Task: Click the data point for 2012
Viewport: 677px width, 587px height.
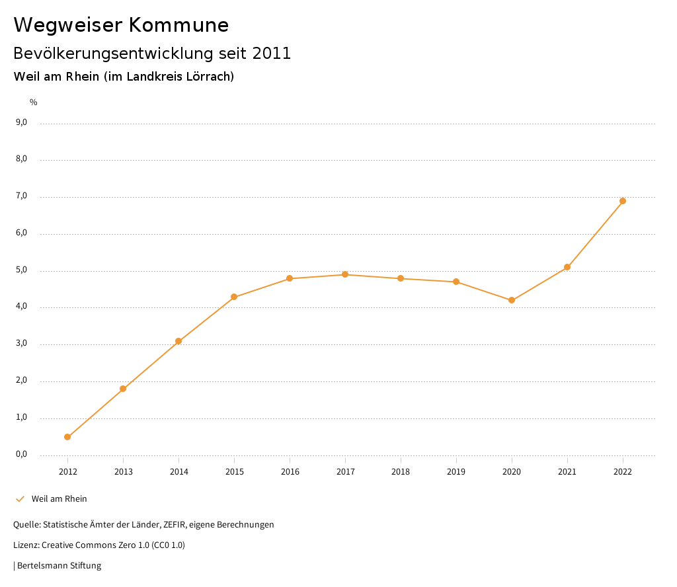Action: [67, 437]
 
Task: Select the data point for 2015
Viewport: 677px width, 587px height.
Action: [234, 297]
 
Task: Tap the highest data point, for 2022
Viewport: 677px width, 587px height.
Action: [623, 201]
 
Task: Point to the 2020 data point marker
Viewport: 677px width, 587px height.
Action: [512, 300]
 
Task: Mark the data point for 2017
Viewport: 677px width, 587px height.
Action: [345, 274]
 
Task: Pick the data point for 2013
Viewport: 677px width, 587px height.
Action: [123, 389]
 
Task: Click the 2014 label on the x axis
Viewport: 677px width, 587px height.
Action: [179, 472]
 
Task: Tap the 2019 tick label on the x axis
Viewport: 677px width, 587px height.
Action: [456, 472]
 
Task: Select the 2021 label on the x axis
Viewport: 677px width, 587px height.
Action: [567, 472]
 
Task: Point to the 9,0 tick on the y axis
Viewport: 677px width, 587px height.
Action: [21, 122]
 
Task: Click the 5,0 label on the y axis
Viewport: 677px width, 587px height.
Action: [21, 270]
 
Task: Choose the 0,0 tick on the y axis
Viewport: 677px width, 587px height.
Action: [21, 454]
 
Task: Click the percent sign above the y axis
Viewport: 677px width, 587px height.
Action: [34, 102]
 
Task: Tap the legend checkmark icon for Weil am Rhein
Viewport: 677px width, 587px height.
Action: [20, 499]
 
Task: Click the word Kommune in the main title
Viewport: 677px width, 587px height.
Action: [179, 25]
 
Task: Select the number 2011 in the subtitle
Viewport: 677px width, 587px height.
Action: [272, 54]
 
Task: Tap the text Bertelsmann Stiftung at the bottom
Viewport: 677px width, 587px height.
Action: [59, 566]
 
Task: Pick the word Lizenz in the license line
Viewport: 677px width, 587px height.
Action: [26, 545]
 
